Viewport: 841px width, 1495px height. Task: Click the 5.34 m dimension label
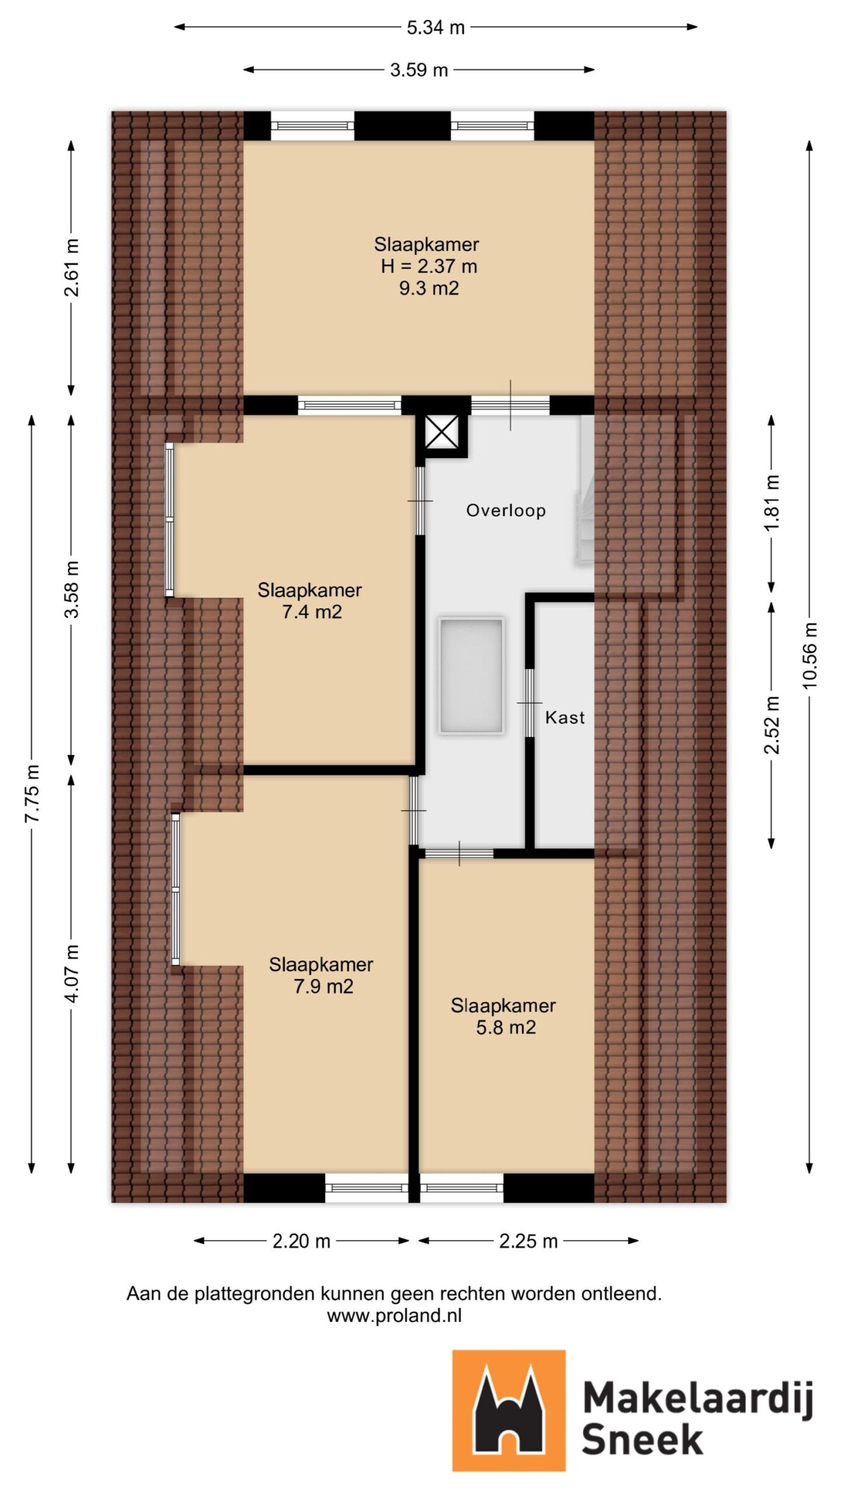tap(435, 27)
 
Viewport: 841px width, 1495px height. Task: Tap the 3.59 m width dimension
tap(419, 70)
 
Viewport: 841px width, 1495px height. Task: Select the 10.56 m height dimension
tap(810, 655)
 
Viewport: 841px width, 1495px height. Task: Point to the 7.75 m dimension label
tap(32, 792)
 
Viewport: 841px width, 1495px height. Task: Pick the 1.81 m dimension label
tap(772, 503)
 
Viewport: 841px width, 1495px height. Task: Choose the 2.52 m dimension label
tap(772, 725)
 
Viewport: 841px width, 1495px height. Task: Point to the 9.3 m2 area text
tap(429, 288)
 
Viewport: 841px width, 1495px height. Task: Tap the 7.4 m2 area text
tap(312, 612)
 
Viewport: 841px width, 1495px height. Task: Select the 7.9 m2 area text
tap(324, 986)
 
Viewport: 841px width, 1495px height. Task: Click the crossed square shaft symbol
tap(442, 433)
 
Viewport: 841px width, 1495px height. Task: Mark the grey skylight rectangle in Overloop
tap(471, 676)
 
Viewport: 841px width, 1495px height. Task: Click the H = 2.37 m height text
tap(429, 266)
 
